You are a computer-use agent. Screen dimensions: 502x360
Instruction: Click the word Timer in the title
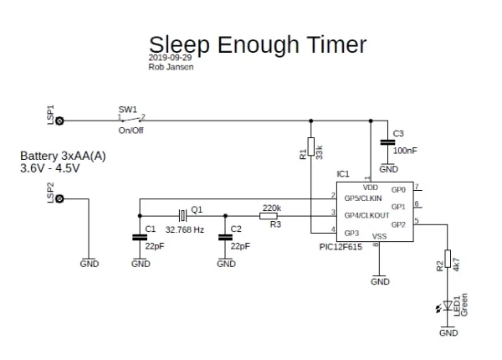[x=336, y=44]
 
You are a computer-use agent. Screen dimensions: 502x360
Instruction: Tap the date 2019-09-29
[x=170, y=57]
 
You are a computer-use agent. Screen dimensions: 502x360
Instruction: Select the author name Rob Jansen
[x=171, y=67]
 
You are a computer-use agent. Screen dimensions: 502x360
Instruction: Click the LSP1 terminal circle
[x=59, y=121]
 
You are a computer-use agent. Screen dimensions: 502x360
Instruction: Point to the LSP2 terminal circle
[x=59, y=199]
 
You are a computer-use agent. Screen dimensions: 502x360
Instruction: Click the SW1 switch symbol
[x=131, y=120]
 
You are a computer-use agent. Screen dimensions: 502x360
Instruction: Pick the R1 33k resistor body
[x=311, y=147]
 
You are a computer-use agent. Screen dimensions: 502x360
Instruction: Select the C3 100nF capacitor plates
[x=387, y=142]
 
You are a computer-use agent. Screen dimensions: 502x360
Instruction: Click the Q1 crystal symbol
[x=182, y=215]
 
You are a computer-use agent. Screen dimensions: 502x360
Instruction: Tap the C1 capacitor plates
[x=140, y=237]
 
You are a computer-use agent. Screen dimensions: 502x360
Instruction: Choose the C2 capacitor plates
[x=225, y=237]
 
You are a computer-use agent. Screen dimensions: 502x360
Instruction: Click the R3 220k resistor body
[x=269, y=216]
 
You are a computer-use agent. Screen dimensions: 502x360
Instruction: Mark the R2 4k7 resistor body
[x=448, y=259]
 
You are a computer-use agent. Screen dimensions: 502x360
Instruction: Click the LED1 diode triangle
[x=448, y=306]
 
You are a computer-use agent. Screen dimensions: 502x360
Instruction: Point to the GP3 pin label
[x=351, y=234]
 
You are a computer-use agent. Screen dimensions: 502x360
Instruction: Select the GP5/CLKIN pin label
[x=363, y=198]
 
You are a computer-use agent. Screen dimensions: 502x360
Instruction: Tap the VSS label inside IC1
[x=379, y=236]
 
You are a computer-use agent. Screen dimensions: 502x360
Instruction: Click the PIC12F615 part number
[x=341, y=247]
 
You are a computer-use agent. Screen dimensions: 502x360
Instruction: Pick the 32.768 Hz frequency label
[x=185, y=229]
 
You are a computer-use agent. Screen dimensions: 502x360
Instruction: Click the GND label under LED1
[x=448, y=332]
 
